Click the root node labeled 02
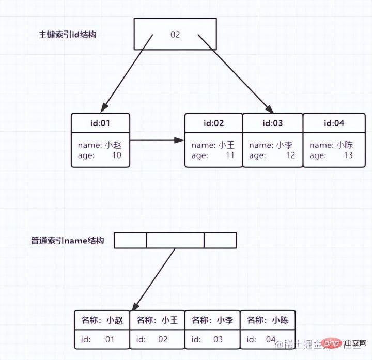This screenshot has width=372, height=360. [175, 35]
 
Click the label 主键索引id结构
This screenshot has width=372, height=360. [68, 35]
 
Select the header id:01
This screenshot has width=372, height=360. [100, 123]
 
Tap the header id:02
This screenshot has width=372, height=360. [213, 123]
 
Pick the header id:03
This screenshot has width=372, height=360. [273, 123]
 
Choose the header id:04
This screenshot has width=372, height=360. [334, 123]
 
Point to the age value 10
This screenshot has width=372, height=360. [117, 155]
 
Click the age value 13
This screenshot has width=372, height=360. [348, 155]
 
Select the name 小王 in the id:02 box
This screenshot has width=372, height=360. [226, 145]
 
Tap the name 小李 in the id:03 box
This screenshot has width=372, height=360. [285, 145]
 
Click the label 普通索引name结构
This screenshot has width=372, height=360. [68, 241]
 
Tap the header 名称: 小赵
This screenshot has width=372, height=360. [102, 320]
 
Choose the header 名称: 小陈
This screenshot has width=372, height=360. [268, 320]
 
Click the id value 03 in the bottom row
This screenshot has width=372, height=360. [218, 339]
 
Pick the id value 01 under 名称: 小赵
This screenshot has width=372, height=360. [110, 339]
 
